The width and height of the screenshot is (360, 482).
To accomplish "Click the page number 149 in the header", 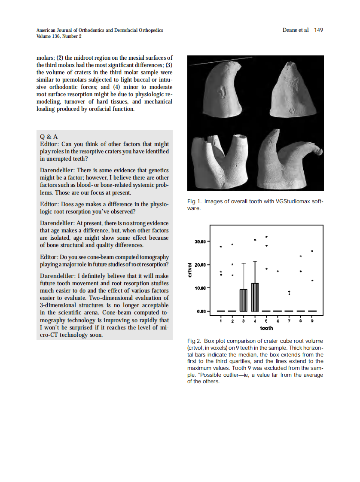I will coord(318,30).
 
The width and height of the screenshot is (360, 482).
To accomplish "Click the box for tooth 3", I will coord(244,300).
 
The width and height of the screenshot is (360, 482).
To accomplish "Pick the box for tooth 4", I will coord(255,297).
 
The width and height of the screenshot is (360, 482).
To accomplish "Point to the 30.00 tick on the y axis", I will coord(201,241).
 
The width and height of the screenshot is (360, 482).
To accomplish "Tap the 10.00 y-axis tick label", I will coord(201,288).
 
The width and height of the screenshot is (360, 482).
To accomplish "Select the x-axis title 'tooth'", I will coord(266,328).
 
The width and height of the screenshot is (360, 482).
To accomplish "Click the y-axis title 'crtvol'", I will coord(190,270).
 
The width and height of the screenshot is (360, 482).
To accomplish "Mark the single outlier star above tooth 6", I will coord(278,272).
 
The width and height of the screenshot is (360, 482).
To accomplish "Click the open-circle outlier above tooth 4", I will coord(255,240).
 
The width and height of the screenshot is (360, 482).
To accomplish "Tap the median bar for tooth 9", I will coord(312,311).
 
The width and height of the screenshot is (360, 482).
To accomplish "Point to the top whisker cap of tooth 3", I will coord(244,263).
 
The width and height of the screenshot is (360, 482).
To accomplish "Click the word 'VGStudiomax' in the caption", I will coord(292,201).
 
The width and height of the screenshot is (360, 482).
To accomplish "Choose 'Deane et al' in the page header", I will coord(296,30).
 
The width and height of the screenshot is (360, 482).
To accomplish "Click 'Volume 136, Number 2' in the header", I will coord(59,36).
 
